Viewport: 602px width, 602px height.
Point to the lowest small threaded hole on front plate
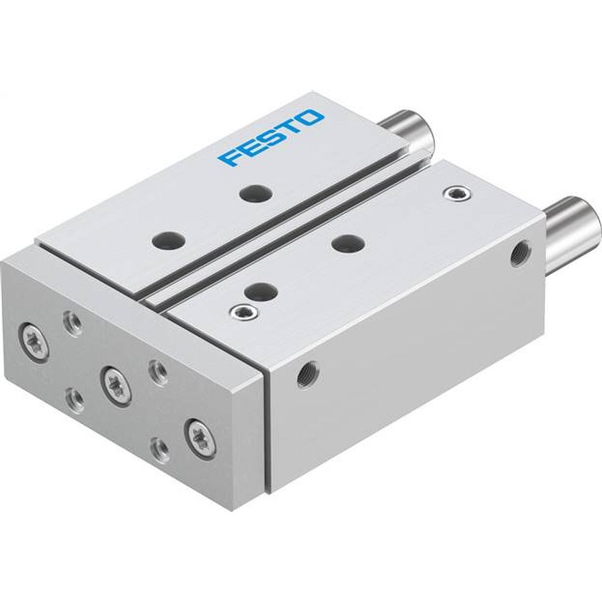click(x=159, y=446)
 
